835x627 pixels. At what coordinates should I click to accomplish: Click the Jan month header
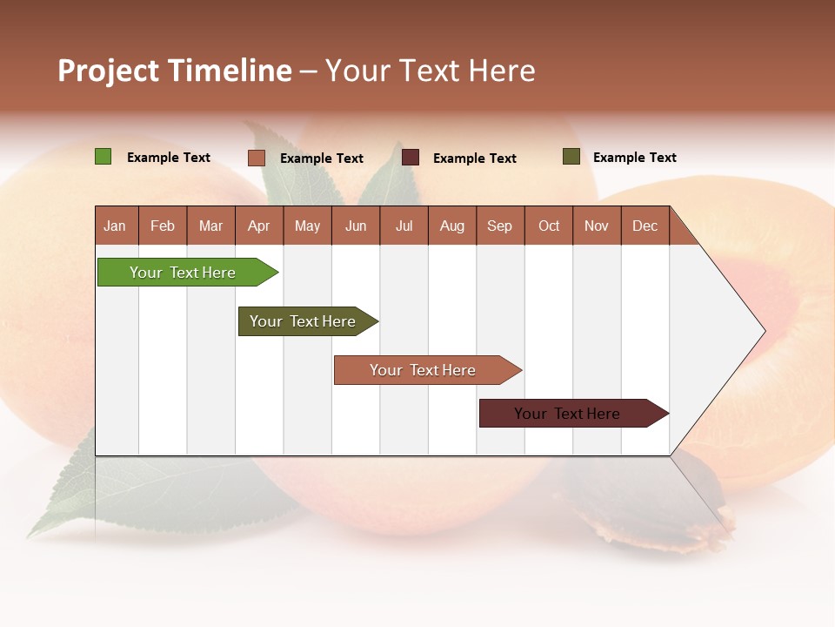(x=115, y=226)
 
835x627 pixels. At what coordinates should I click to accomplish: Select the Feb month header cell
(x=163, y=226)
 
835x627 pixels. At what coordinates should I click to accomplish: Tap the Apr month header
(x=258, y=226)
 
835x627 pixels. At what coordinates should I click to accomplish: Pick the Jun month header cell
(x=356, y=226)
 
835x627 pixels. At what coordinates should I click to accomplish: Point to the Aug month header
(x=451, y=226)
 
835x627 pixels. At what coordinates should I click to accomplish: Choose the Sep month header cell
(x=499, y=226)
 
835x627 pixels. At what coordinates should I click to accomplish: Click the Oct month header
(x=549, y=226)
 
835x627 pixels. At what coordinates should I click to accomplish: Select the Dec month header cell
(x=645, y=226)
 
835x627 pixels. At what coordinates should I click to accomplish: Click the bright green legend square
(x=103, y=157)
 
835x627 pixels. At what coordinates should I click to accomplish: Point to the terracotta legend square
(x=256, y=158)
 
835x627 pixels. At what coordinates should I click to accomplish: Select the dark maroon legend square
(x=411, y=158)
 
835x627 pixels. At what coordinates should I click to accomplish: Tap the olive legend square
(x=571, y=157)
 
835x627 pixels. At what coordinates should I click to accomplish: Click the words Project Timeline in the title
(x=174, y=71)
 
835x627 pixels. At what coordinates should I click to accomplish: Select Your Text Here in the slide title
(x=430, y=71)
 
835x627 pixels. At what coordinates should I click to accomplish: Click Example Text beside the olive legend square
(x=634, y=158)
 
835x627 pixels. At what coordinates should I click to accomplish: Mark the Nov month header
(x=596, y=226)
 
